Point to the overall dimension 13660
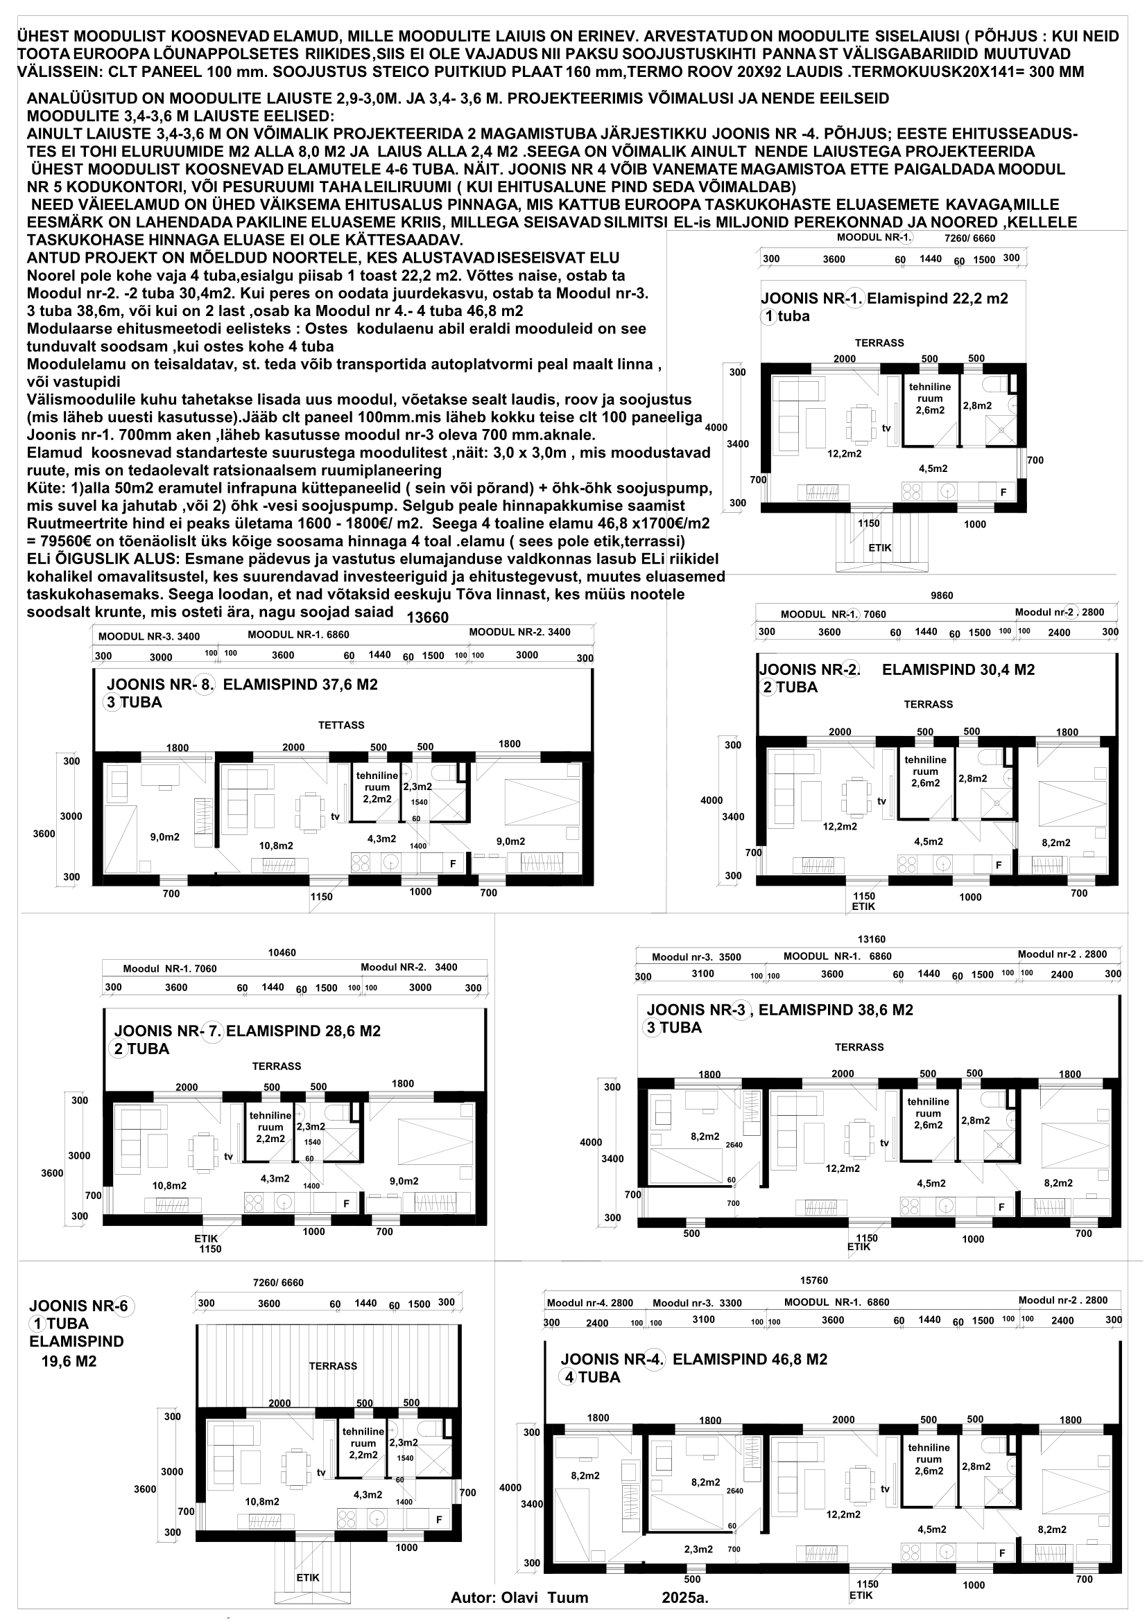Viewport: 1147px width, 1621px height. [x=428, y=617]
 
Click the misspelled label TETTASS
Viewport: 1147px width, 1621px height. [x=341, y=725]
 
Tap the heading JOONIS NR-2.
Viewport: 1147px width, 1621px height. [x=809, y=669]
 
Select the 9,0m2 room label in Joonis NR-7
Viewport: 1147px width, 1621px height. [x=404, y=1180]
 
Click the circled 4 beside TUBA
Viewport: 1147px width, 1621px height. [x=568, y=1377]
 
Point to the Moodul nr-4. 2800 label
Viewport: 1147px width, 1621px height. [x=590, y=1303]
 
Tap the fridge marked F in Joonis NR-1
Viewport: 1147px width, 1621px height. [x=1003, y=491]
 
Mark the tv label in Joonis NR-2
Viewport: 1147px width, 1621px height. [x=881, y=800]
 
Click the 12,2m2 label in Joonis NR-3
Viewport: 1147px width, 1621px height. [x=843, y=1168]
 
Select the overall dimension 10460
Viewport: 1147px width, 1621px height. [x=282, y=952]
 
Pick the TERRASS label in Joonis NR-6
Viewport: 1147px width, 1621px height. [x=333, y=1366]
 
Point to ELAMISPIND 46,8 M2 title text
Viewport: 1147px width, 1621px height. [x=750, y=1359]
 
